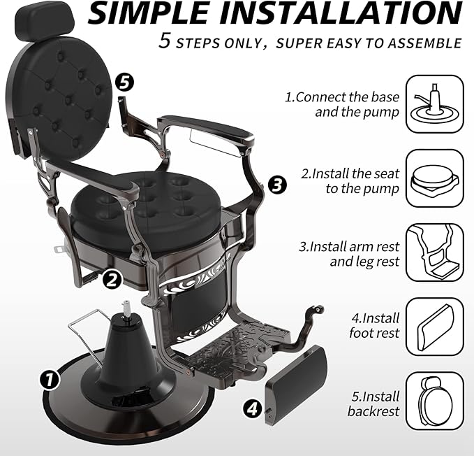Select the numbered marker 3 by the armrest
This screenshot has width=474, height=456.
coord(277,185)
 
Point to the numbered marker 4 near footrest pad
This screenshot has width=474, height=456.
coord(253,408)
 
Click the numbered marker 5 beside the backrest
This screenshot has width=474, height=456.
coord(124,82)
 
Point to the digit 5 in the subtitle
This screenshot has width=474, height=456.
coord(165,41)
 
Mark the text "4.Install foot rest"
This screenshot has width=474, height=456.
coord(373,326)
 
